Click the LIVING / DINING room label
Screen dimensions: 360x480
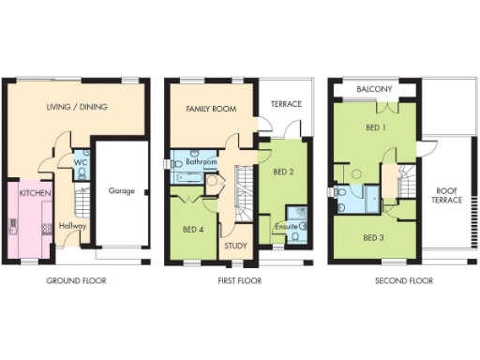click(x=77, y=107)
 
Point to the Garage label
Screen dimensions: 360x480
click(x=121, y=191)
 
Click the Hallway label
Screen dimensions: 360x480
click(x=72, y=225)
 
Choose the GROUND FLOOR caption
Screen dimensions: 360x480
click(x=76, y=280)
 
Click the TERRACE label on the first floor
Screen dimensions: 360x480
click(x=286, y=104)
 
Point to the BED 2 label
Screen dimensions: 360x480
click(x=284, y=172)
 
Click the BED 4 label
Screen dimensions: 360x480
click(x=192, y=230)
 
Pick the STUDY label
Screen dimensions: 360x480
click(x=235, y=247)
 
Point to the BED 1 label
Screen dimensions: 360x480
click(x=375, y=127)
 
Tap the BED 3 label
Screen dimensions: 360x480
click(x=372, y=237)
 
